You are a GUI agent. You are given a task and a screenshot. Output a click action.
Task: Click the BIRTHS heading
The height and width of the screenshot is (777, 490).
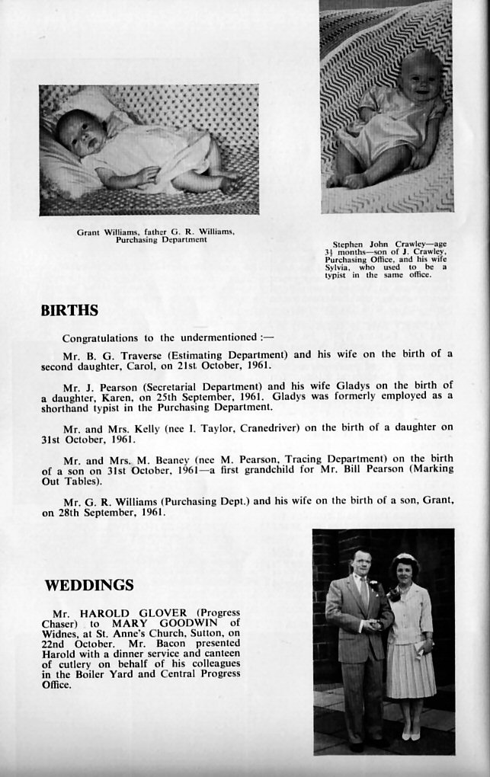coord(69,311)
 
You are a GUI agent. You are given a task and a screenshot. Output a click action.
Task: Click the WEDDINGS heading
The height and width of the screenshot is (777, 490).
coord(89,586)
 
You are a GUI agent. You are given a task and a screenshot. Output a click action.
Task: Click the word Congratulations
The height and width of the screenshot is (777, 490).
coord(100,338)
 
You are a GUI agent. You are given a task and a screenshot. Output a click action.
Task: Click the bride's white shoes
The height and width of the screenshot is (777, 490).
coord(412,735)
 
